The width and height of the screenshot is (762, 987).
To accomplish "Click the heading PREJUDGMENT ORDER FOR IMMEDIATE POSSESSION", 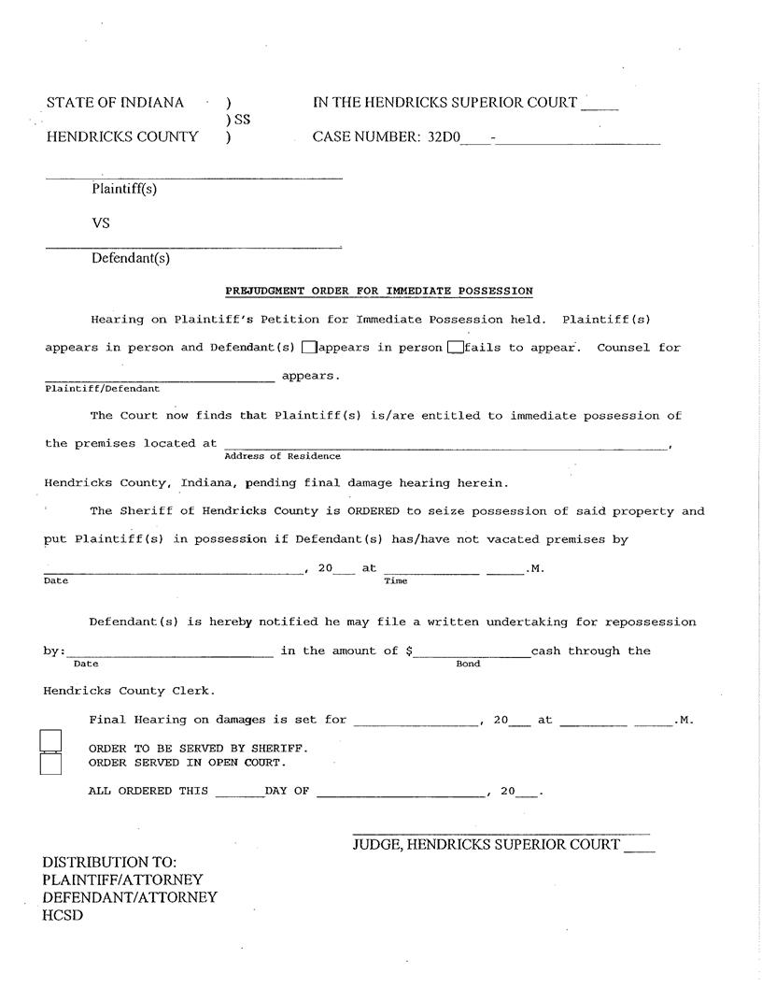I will (x=379, y=291).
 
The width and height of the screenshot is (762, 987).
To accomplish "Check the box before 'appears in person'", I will (x=309, y=348).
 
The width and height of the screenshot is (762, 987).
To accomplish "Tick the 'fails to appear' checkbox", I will (x=455, y=348).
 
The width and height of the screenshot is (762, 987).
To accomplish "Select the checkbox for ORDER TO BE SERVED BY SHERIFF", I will (x=51, y=741).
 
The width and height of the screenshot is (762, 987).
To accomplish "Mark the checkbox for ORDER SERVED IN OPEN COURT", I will (x=51, y=764).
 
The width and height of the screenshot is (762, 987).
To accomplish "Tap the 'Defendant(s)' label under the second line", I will (x=131, y=258).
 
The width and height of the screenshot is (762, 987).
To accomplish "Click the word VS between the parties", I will (x=101, y=223).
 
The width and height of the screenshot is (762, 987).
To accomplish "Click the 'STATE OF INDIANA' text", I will (x=115, y=103).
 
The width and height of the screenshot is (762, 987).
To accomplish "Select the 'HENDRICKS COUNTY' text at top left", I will (x=122, y=137).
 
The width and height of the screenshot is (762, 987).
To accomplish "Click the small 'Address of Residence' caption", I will (x=282, y=456).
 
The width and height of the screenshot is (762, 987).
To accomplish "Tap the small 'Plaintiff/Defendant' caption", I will (x=102, y=388).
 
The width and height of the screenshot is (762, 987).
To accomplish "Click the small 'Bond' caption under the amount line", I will (x=468, y=664).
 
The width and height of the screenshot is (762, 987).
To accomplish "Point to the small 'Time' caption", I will (x=395, y=580).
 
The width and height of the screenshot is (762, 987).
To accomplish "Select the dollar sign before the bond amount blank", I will (x=410, y=651).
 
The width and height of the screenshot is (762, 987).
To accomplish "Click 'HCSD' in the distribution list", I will (x=63, y=915).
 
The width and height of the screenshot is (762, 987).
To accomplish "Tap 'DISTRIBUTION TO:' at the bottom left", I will (x=109, y=862).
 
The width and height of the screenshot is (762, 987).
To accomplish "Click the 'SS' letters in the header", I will (x=242, y=120).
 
